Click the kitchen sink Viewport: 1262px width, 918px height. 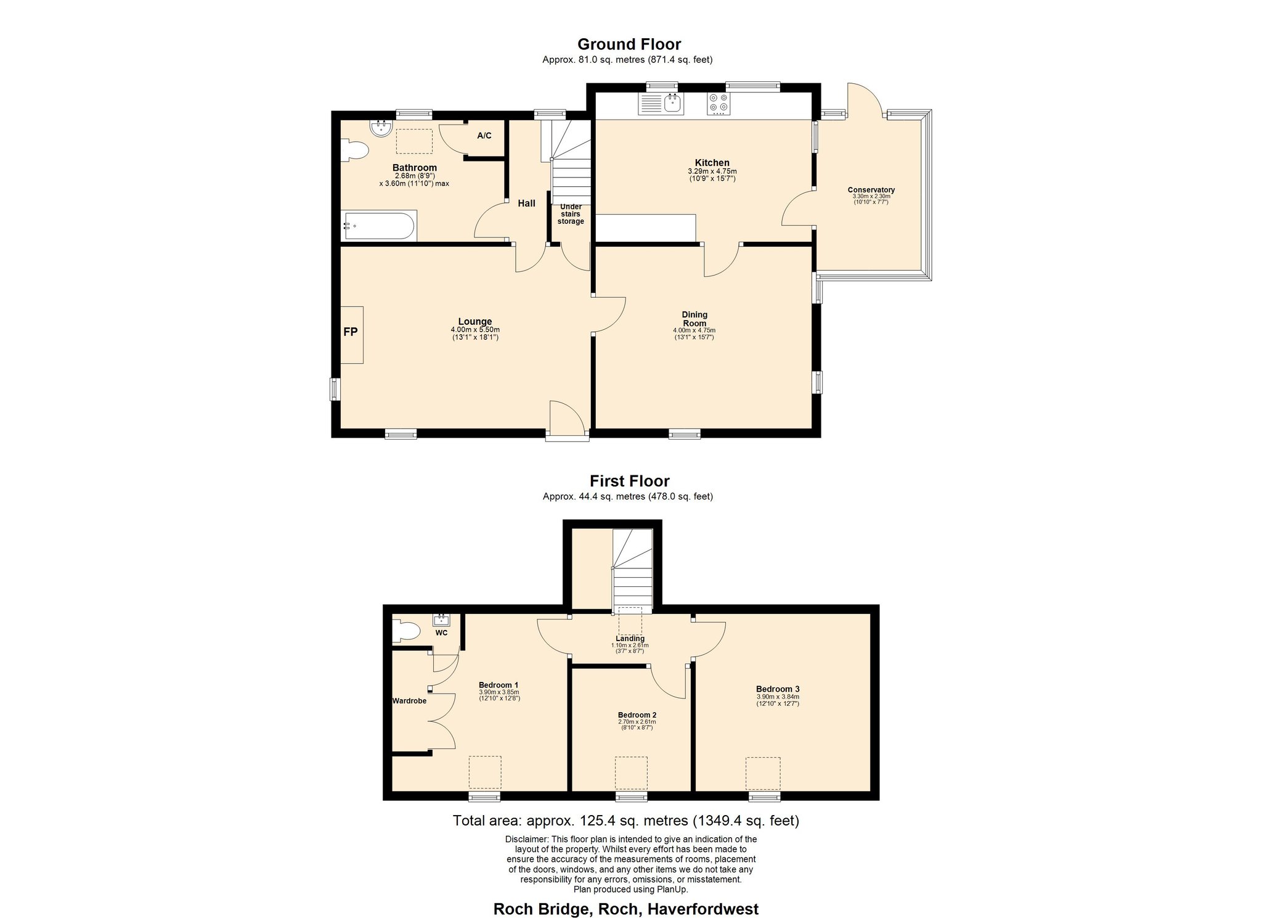[x=661, y=104]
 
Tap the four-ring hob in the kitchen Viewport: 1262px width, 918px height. [x=718, y=104]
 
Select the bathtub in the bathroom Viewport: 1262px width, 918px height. [x=378, y=226]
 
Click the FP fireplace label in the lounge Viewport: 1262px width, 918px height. [x=350, y=332]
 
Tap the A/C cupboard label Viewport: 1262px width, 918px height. [x=484, y=136]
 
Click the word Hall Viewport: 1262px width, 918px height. [x=526, y=203]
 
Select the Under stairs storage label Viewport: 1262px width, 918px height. [x=571, y=214]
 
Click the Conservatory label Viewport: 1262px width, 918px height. [x=871, y=190]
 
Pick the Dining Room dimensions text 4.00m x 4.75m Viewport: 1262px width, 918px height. [x=694, y=330]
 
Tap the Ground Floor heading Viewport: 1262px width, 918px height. [x=629, y=44]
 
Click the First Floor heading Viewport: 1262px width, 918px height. [x=629, y=481]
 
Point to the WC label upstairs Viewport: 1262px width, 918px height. [x=441, y=633]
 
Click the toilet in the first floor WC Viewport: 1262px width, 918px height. [x=406, y=631]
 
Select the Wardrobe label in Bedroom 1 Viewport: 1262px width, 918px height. [x=409, y=701]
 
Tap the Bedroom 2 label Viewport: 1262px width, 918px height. [x=637, y=715]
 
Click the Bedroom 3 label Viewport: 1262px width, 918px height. [x=778, y=689]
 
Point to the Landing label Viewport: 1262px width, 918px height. [x=630, y=639]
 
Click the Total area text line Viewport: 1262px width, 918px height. [x=625, y=821]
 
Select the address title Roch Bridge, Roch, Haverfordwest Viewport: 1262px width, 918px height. [x=626, y=909]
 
